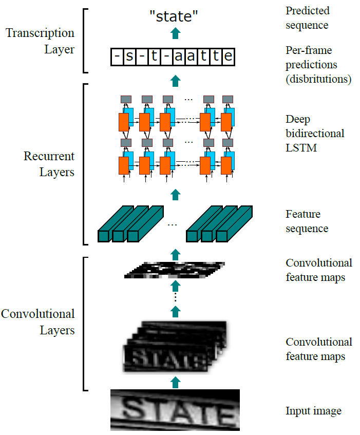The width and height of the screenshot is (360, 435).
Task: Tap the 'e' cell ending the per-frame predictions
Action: coord(228,56)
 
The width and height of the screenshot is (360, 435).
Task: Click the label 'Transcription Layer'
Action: coord(40,41)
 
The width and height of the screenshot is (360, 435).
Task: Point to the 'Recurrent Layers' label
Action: coord(49,164)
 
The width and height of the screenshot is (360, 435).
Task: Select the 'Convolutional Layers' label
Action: coord(38,321)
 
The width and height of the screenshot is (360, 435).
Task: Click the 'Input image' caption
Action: coord(313,411)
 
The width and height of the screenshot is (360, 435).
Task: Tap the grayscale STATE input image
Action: coord(175,410)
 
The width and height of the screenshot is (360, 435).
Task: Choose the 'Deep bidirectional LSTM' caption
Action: coord(315,134)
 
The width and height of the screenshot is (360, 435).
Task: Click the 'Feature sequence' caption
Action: coord(307,221)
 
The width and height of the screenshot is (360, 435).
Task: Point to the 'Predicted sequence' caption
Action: coord(308,17)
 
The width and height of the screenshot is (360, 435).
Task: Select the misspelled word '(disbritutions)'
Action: coord(318,79)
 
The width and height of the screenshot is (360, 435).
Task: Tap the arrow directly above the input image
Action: coord(176,382)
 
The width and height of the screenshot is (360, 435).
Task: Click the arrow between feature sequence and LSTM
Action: coord(176,194)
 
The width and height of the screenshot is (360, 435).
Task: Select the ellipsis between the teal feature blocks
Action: coord(173,224)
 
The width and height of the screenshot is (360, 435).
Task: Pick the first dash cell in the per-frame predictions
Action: coord(117,56)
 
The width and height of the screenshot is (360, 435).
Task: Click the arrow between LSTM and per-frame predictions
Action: coord(176,80)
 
